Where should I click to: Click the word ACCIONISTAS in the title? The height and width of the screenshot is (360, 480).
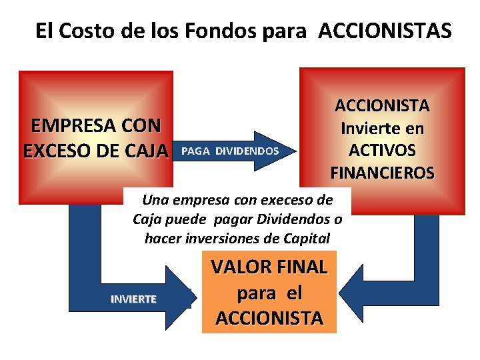pos(385,31)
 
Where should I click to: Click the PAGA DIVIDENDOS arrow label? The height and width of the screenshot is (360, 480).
pos(229,151)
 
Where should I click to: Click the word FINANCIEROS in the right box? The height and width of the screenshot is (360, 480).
pos(382,173)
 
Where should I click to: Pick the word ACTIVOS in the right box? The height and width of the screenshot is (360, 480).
pos(382,151)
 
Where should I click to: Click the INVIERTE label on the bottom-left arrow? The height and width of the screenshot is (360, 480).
pos(133,299)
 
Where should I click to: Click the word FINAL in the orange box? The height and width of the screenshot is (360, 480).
pos(302,267)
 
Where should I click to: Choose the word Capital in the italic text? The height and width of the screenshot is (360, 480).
pos(307,238)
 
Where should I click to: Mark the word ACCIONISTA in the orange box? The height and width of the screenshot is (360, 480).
pos(269,318)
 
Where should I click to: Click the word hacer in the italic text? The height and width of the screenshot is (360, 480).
pos(160,238)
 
